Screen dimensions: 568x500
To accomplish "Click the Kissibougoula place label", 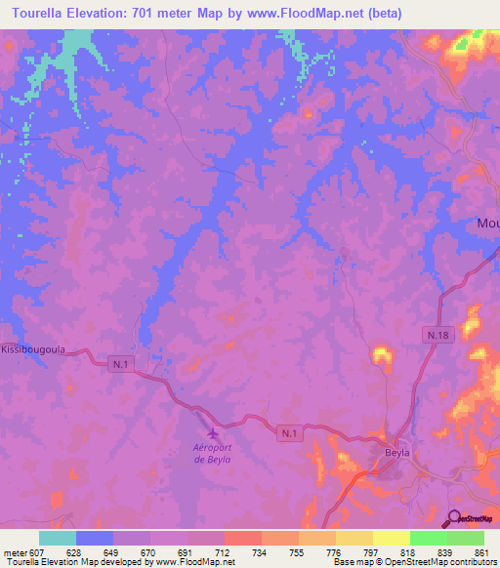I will point(33,348).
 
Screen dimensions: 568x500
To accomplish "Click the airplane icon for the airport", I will point(212,433).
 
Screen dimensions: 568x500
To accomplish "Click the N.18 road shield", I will point(437,335).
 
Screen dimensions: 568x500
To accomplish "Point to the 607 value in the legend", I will point(36,551).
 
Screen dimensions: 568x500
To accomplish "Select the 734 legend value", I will point(259,551).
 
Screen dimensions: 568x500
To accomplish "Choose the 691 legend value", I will point(185,551).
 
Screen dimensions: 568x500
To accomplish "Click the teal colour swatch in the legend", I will point(58,538).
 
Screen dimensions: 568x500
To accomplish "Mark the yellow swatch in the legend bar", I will point(391,538).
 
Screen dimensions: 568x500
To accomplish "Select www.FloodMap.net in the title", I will point(309,13).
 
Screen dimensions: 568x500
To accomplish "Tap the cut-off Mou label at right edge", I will point(487,223).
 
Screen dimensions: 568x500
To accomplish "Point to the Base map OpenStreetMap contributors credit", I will point(415,562).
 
